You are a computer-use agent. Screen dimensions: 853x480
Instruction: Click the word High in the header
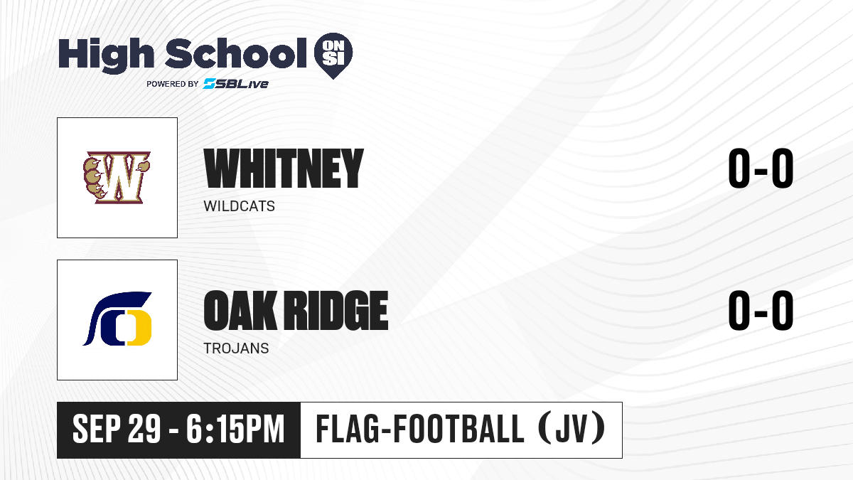[107, 55]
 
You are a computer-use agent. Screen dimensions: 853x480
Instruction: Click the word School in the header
[236, 53]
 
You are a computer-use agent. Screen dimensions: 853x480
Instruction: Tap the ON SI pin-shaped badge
[333, 55]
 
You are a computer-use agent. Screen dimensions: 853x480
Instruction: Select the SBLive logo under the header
[236, 84]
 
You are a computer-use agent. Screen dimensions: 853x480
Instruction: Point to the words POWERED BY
[173, 84]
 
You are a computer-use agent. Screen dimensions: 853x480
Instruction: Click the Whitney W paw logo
[117, 177]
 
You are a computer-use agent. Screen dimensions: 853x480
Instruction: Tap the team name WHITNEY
[284, 169]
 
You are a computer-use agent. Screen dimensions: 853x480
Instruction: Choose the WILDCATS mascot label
[239, 206]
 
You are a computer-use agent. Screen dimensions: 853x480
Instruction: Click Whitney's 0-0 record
[761, 169]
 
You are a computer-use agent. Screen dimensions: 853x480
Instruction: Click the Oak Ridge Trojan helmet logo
[117, 319]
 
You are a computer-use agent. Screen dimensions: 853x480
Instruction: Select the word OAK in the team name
[240, 310]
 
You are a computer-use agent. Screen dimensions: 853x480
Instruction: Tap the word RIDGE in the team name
[336, 310]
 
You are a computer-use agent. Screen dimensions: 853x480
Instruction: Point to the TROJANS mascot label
[236, 348]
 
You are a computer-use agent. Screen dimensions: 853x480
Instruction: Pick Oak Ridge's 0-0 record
[761, 310]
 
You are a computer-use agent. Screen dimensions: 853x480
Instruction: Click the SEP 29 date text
[117, 429]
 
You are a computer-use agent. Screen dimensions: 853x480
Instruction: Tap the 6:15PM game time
[235, 429]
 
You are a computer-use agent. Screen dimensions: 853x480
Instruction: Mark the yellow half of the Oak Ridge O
[140, 328]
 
